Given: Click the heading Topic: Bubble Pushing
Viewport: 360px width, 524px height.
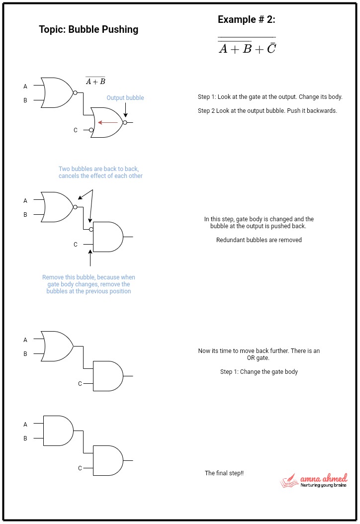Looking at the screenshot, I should (x=89, y=29).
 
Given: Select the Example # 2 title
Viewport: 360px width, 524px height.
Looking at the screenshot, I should (x=246, y=19).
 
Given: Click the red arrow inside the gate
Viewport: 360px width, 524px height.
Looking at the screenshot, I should (x=107, y=122).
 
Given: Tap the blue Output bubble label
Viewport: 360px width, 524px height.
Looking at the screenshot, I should (x=125, y=98).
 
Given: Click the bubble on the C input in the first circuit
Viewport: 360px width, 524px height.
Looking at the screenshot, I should (x=91, y=130).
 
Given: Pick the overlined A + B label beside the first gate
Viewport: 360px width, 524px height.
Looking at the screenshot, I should (x=95, y=82).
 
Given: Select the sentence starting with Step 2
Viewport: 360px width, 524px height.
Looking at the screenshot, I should (x=267, y=110).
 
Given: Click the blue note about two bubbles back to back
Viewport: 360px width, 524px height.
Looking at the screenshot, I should (x=100, y=173).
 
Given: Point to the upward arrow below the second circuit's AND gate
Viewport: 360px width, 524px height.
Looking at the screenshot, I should (x=90, y=259).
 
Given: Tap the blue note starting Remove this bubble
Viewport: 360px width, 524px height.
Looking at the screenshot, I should (x=89, y=284).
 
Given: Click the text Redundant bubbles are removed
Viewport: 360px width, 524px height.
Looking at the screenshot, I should (x=259, y=240).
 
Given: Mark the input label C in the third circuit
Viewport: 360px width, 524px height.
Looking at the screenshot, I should (x=80, y=383).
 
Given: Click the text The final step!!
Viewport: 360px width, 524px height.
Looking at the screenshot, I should (x=224, y=473).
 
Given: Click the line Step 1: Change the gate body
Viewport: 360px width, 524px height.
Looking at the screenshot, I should (x=259, y=372).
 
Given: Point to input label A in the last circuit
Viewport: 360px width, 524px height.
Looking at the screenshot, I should (x=25, y=425).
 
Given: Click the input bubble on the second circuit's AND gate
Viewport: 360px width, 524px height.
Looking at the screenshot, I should (x=91, y=230).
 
